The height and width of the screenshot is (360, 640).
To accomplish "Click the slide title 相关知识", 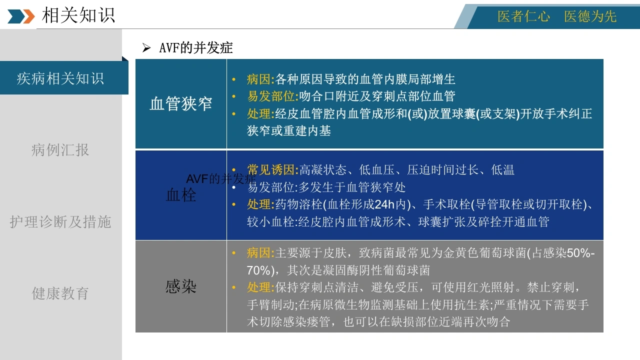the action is [78, 15].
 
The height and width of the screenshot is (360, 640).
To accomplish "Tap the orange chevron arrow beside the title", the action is [29, 16].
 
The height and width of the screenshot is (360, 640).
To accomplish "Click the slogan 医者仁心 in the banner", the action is [523, 16].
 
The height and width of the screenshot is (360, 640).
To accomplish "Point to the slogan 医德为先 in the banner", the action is [590, 16].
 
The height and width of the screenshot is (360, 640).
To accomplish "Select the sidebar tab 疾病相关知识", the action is [60, 78].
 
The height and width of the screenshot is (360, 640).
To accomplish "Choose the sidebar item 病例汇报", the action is [60, 149].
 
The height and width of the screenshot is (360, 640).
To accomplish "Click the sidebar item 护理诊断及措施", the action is [60, 221].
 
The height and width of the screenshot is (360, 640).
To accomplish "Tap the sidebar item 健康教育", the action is [60, 293].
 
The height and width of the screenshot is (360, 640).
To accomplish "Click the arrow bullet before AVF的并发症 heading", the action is [146, 47].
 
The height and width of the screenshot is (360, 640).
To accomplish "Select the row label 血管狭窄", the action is [181, 103].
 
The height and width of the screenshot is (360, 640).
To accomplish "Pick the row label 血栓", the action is [181, 195].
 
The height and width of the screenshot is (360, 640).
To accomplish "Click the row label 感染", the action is [181, 286].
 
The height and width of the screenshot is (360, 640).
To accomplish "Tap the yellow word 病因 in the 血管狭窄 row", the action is [258, 79].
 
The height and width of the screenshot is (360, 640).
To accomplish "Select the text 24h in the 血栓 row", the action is [384, 204].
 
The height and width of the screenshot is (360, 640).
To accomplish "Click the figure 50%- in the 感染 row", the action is [581, 253].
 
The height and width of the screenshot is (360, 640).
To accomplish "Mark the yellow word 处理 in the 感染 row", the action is [258, 287].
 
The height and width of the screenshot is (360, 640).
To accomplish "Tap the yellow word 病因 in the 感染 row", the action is [258, 253].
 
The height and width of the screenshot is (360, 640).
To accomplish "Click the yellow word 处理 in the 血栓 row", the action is [258, 204].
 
